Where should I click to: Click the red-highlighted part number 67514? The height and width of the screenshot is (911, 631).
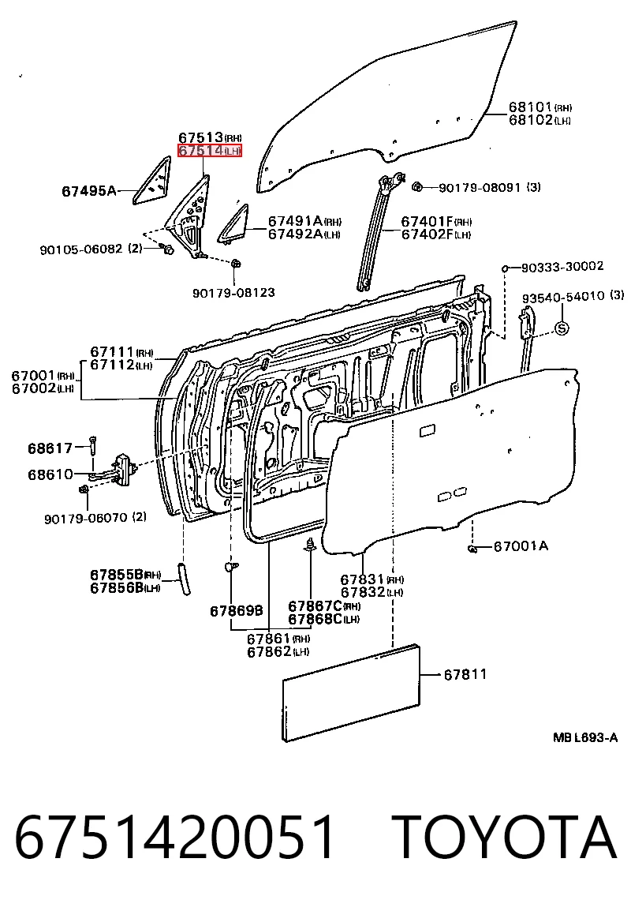coord(201,151)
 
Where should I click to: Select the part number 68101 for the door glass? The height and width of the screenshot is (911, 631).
coord(530,107)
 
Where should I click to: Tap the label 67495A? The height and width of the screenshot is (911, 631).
coord(89,190)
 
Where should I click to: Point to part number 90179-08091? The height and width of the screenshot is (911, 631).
coord(480,188)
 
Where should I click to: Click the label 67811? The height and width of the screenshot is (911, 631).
coord(465,674)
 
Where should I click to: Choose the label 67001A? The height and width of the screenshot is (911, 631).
coord(521,546)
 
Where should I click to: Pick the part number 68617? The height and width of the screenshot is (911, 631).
coord(50,448)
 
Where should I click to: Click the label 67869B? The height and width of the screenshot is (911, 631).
coord(237,611)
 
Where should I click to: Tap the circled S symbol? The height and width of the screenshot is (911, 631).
coord(562,328)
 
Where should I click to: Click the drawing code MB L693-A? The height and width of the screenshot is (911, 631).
coord(585,738)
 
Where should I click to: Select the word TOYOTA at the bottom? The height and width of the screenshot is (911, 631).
coord(504,838)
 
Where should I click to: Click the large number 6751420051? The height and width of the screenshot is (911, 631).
coord(175,838)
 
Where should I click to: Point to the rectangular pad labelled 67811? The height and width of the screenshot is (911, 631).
coord(351,694)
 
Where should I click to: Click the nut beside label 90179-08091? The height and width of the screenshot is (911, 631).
coord(416,187)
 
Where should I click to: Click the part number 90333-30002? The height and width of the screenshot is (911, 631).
coord(562,267)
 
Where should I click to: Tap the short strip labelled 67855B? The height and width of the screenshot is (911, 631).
coord(184,578)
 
